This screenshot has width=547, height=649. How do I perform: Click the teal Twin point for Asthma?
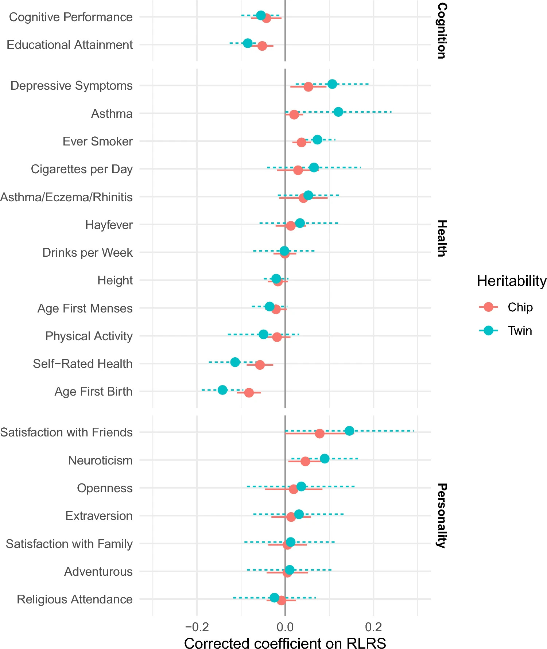point(338,112)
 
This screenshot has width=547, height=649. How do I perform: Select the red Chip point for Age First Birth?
point(249,393)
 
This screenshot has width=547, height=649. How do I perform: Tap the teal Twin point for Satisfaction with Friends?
point(349,431)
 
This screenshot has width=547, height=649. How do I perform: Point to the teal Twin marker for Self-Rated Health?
point(235,362)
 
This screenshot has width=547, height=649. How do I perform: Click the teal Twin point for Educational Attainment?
point(248,43)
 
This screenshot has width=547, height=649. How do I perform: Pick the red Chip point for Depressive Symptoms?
point(309,87)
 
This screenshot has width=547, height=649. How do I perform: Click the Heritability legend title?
point(512,281)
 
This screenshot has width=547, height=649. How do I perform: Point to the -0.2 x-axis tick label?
point(197,627)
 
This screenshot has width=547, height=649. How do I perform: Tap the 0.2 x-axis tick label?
point(373,627)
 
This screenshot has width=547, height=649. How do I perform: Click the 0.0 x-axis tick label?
point(285,627)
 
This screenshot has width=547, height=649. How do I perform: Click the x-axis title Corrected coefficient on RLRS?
point(285,642)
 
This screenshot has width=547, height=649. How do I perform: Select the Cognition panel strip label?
point(442,31)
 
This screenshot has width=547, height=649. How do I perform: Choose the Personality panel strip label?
point(442,516)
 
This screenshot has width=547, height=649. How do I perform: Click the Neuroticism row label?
point(100,460)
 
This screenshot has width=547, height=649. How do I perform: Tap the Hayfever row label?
point(109,225)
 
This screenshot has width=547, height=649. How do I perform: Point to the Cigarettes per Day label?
point(82,169)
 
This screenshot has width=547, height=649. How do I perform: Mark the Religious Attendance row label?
point(75,599)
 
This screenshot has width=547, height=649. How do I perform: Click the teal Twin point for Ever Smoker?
point(317,140)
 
